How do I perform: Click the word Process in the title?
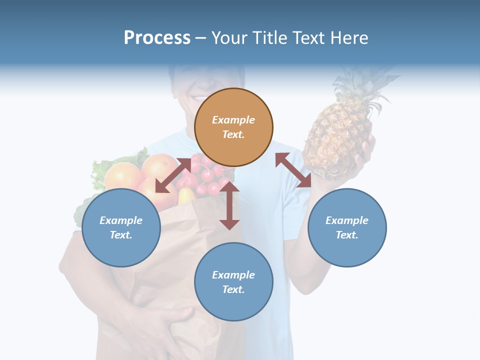157,38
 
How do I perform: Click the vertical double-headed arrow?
229,205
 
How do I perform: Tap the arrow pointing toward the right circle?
293,170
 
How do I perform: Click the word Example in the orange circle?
233,120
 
